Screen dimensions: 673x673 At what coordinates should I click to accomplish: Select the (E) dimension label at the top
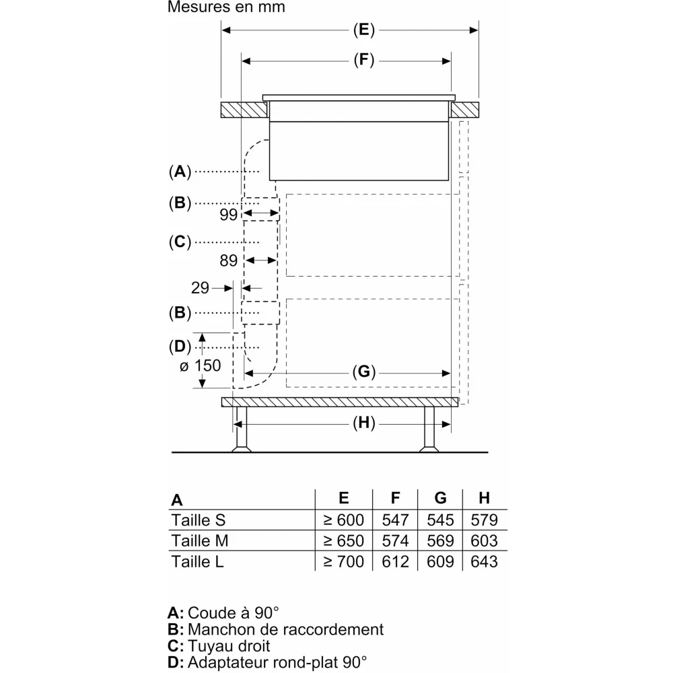pyautogui.click(x=363, y=30)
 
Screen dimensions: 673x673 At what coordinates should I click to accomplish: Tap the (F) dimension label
pyautogui.click(x=363, y=61)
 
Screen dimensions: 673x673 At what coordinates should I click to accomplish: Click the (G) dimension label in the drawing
pyautogui.click(x=363, y=372)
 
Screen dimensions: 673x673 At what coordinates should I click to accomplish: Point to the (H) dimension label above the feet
pyautogui.click(x=363, y=423)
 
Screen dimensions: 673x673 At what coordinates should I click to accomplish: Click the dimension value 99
pyautogui.click(x=229, y=215)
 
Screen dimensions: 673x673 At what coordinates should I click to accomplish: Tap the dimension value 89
pyautogui.click(x=229, y=260)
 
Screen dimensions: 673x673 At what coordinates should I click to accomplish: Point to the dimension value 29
pyautogui.click(x=200, y=288)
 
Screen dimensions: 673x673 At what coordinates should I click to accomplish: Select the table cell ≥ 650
pyautogui.click(x=343, y=540)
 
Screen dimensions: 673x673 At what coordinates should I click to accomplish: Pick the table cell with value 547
pyautogui.click(x=395, y=520)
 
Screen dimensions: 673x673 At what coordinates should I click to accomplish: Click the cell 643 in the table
pyautogui.click(x=484, y=561)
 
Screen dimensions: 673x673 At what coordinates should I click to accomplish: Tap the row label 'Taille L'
pyautogui.click(x=197, y=561)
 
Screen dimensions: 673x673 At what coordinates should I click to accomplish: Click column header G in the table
pyautogui.click(x=440, y=499)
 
